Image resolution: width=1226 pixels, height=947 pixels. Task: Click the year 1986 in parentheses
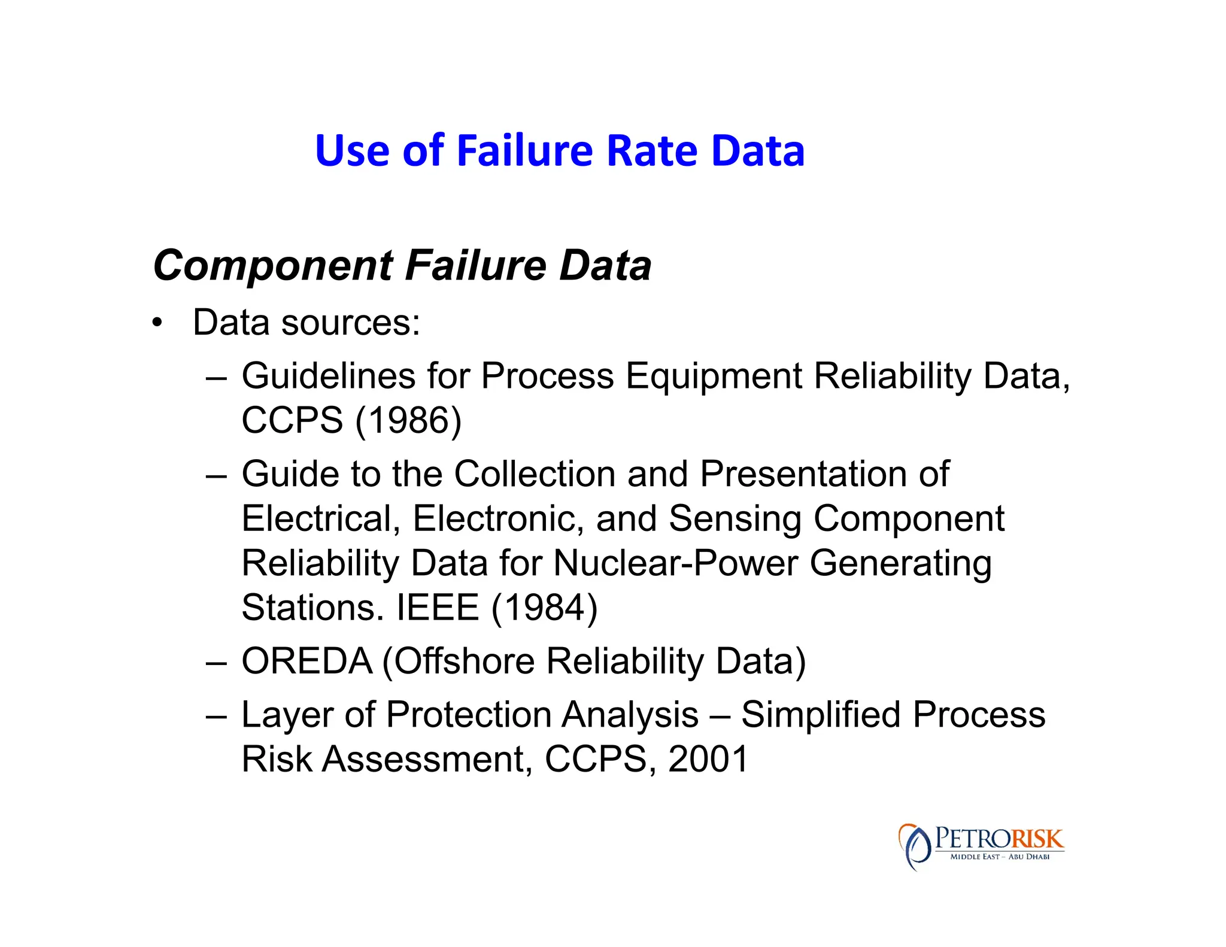point(409,420)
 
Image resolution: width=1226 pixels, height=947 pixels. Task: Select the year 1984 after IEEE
point(545,608)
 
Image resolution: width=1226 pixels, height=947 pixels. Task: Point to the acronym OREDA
point(306,661)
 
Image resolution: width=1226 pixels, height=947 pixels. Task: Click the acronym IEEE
point(438,608)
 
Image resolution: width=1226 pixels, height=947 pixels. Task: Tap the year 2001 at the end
point(708,759)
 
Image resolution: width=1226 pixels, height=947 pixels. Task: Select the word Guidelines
point(328,376)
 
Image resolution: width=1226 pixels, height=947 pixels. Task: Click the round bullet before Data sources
point(157,324)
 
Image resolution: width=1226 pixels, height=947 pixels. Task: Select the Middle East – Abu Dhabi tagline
point(1000,857)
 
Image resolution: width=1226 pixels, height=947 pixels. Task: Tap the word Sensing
point(735,518)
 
